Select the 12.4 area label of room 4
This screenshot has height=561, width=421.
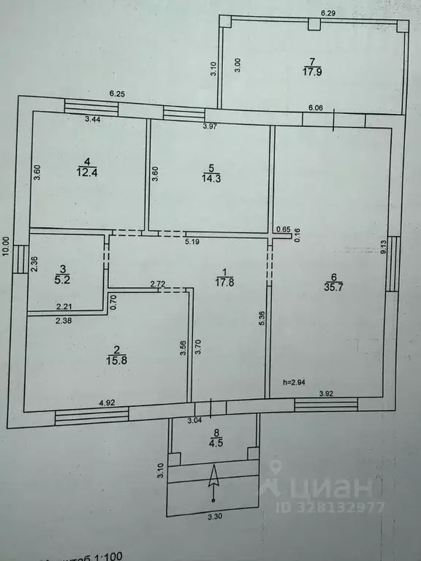[86, 172]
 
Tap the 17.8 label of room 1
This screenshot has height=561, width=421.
[224, 282]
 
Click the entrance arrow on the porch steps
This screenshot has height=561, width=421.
[213, 483]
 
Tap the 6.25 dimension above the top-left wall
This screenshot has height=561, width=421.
[117, 93]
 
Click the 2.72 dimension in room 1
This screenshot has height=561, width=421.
[157, 283]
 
